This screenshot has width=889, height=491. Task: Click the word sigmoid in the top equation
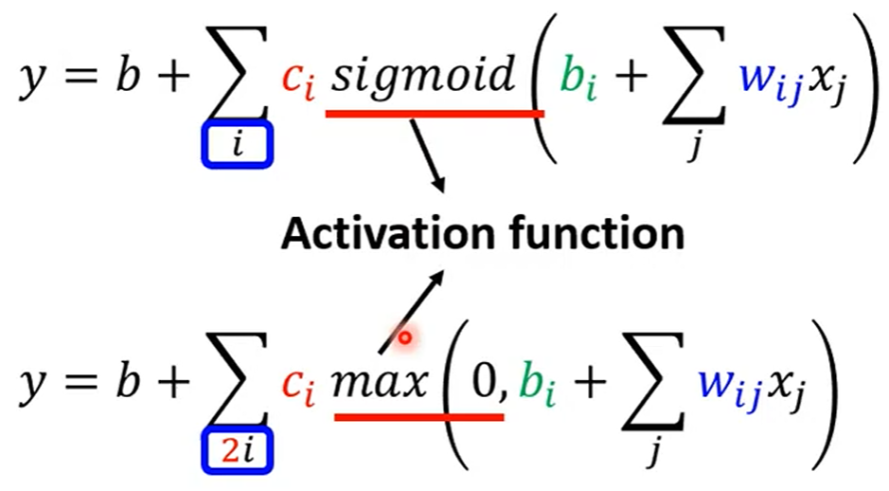(422, 76)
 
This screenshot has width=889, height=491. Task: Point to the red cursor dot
(404, 338)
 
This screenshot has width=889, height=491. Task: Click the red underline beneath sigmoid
(435, 114)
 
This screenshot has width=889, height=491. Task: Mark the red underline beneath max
(419, 418)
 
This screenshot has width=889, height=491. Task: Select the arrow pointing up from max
(412, 311)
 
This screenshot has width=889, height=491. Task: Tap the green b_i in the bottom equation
(537, 384)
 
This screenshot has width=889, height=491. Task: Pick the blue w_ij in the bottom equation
(729, 389)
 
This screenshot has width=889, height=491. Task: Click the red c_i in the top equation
(298, 83)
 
